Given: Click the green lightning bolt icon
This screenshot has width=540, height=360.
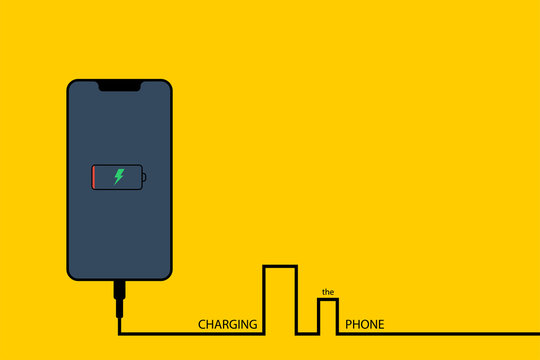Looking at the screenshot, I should [x=119, y=177].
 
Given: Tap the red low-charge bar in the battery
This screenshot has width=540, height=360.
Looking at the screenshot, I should [x=95, y=177].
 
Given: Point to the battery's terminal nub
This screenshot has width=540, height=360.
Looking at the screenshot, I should [x=145, y=177].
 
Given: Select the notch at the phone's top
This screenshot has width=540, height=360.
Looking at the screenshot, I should [x=119, y=84].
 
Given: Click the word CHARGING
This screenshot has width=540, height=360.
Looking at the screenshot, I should [x=228, y=325].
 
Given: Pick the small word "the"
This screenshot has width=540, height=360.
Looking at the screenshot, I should [x=327, y=293].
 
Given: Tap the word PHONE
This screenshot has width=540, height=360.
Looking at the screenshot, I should [x=364, y=325].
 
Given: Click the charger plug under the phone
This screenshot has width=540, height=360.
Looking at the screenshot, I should [x=119, y=293].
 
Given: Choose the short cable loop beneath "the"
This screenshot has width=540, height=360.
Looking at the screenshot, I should [x=328, y=316].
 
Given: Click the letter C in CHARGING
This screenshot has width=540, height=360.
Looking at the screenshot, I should [x=202, y=325].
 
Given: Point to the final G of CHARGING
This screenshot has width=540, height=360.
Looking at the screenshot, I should [x=253, y=325].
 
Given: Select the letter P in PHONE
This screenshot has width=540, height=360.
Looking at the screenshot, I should [x=348, y=325].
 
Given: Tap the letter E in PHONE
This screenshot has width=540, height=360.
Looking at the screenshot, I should [x=380, y=325].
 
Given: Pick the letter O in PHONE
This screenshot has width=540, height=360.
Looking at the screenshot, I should [x=364, y=325].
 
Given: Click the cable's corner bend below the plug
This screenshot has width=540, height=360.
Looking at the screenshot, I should [x=119, y=334].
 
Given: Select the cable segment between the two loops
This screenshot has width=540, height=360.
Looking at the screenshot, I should [x=308, y=334].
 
